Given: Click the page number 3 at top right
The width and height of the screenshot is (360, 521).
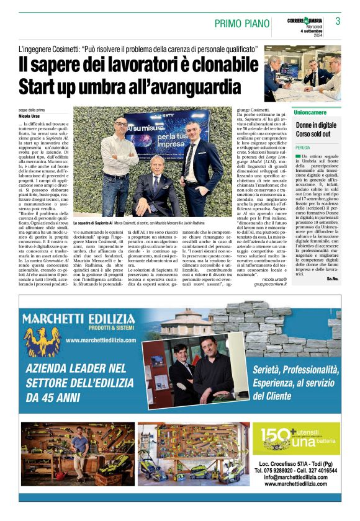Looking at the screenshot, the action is pyautogui.click(x=338, y=22).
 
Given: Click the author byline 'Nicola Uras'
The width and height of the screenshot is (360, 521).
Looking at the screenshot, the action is pyautogui.click(x=28, y=116).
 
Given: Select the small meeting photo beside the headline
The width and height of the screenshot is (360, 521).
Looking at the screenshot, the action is pyautogui.click(x=302, y=73).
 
